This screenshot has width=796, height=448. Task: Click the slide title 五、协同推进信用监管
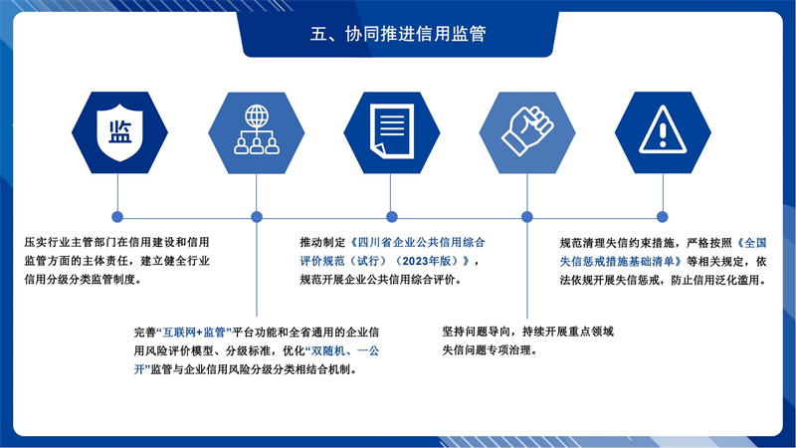tap(398, 34)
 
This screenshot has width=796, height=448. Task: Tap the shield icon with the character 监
tap(119, 132)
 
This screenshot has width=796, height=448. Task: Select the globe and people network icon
tap(257, 129)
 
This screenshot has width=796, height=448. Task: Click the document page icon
tap(391, 131)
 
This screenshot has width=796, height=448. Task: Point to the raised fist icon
tap(527, 130)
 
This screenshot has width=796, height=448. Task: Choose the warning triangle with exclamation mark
tap(663, 129)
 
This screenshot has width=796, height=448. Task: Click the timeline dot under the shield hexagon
tap(117, 217)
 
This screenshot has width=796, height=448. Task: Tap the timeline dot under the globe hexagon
tap(257, 217)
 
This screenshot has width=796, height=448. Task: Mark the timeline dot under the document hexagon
tap(391, 217)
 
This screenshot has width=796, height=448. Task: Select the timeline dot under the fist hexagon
tap(527, 217)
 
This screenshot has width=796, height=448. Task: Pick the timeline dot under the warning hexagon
tap(662, 217)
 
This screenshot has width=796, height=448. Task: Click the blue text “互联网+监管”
tap(194, 333)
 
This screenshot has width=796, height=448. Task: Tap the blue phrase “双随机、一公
tap(342, 351)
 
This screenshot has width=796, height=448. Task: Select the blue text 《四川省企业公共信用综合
tap(417, 242)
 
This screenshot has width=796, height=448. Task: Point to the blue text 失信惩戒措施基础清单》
tap(621, 262)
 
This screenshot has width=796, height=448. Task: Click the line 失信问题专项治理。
tap(490, 350)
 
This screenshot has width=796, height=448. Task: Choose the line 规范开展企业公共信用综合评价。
tap(380, 280)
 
